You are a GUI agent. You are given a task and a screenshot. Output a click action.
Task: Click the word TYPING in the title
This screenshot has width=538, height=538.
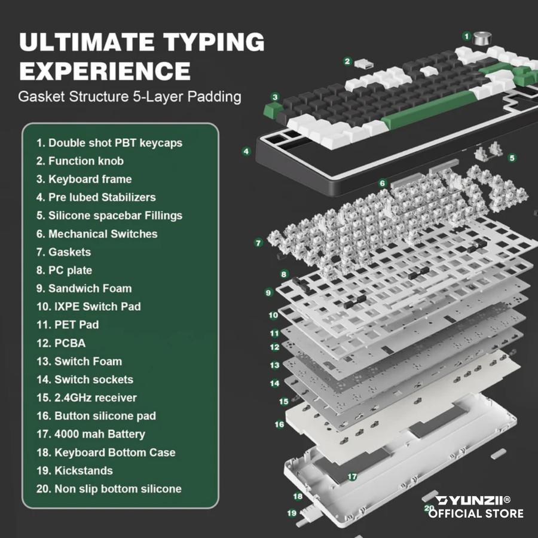pos(213,42)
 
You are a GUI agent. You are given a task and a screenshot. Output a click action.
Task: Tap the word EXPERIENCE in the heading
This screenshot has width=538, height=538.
pos(105,71)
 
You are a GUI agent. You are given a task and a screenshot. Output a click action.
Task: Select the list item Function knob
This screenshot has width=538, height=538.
pos(80,161)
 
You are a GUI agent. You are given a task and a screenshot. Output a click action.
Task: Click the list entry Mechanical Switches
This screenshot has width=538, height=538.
pos(97,234)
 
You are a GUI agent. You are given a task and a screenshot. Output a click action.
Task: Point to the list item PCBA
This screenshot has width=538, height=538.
pos(61,343)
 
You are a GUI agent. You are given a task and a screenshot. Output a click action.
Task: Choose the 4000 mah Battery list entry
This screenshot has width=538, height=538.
pos(91,434)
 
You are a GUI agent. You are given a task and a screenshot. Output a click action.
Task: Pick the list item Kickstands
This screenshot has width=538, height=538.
pos(75,470)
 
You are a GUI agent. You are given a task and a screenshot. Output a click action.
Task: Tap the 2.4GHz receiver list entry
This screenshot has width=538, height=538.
pos(87,398)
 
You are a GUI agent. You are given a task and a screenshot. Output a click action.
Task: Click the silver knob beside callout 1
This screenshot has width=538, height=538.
pos(482,38)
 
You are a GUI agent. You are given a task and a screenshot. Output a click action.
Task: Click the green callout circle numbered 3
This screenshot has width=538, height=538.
pos(275,97)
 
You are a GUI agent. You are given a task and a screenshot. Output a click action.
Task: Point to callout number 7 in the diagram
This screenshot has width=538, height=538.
pos(258,243)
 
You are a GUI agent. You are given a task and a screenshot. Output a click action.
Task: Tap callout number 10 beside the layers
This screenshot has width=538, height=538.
pos(273,315)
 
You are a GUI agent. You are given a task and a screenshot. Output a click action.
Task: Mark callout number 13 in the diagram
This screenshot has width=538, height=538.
pos(275,365)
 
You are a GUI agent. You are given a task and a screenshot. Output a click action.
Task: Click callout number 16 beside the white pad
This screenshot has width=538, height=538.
pos(279,424)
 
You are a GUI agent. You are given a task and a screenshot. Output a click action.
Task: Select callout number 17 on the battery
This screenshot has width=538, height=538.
pos(352,476)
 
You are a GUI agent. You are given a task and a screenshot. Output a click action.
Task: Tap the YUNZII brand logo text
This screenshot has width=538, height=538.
pos(472,500)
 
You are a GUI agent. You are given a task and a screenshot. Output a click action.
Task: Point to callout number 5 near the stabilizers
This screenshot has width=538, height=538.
pos(512,158)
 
